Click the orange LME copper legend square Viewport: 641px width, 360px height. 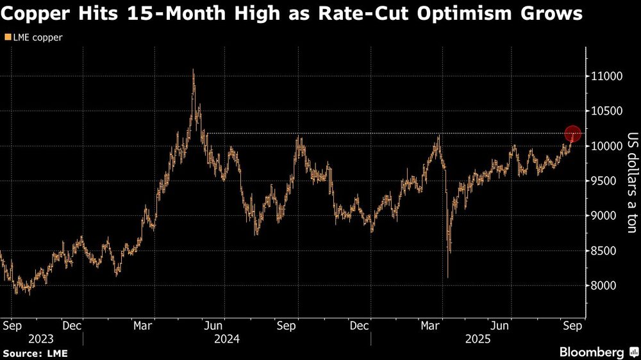[7, 38]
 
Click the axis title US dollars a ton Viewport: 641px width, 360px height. [631, 183]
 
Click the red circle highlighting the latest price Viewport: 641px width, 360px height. [572, 134]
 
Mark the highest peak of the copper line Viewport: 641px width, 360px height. [194, 70]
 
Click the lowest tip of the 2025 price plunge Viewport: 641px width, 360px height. [447, 277]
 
